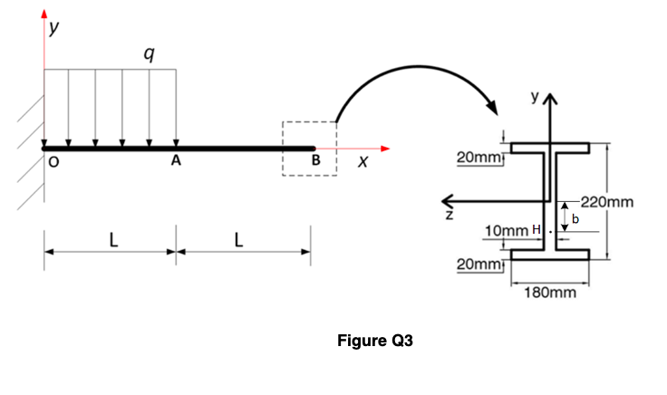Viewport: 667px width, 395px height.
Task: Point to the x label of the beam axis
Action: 362,164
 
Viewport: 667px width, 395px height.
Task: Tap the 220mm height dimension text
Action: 608,200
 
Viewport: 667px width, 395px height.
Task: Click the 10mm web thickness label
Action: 507,232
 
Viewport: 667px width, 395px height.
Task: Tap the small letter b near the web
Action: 574,218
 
